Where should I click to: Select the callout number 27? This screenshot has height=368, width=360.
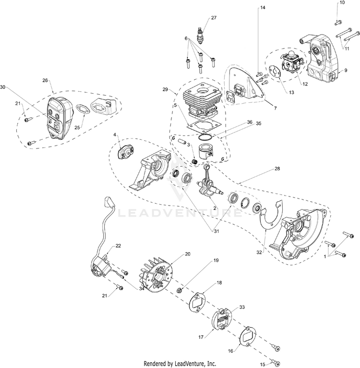pos(214,18)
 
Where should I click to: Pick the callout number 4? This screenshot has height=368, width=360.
pos(115,136)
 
